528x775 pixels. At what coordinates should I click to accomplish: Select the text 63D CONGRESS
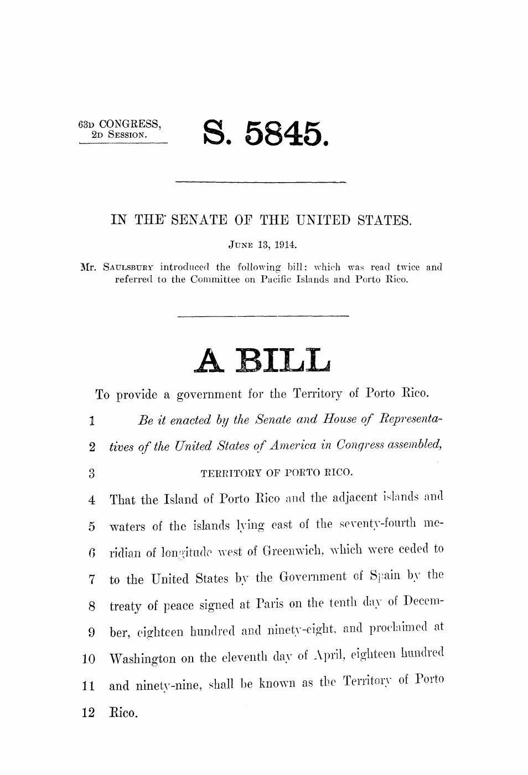pyautogui.click(x=120, y=123)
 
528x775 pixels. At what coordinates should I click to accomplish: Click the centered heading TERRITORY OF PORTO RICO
pyautogui.click(x=276, y=473)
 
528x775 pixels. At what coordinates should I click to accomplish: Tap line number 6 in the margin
pyautogui.click(x=91, y=551)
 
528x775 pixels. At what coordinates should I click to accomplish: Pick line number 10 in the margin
pyautogui.click(x=88, y=660)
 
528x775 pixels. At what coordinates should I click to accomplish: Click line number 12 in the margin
pyautogui.click(x=88, y=712)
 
